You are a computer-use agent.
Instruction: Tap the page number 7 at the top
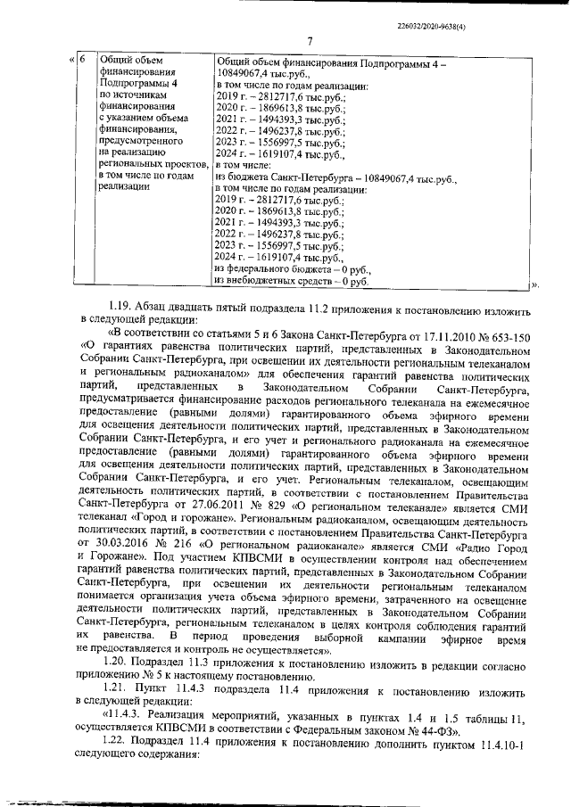click(x=308, y=40)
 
